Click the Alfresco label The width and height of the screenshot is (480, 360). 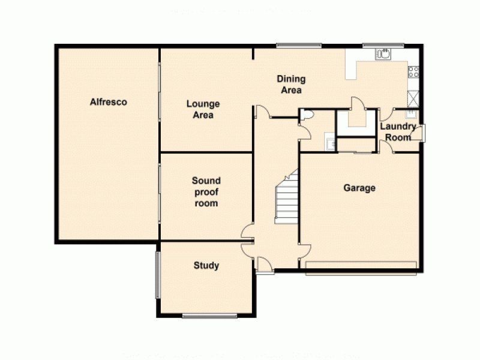point(109,102)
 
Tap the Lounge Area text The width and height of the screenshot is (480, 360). point(203,109)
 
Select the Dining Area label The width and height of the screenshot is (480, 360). point(291,85)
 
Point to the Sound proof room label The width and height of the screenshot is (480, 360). point(206,192)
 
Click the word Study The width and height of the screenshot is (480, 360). point(206,266)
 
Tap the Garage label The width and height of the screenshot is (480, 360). point(359,188)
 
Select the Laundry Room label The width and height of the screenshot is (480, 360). point(398,132)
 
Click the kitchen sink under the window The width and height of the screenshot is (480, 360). point(382,55)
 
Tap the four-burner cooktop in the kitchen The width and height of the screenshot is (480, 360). point(413,72)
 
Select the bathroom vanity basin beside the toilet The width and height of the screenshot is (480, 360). point(329,143)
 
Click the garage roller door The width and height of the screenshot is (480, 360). point(361,265)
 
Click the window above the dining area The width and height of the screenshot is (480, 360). point(298,45)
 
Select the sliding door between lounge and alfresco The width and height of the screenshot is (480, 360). point(160,100)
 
